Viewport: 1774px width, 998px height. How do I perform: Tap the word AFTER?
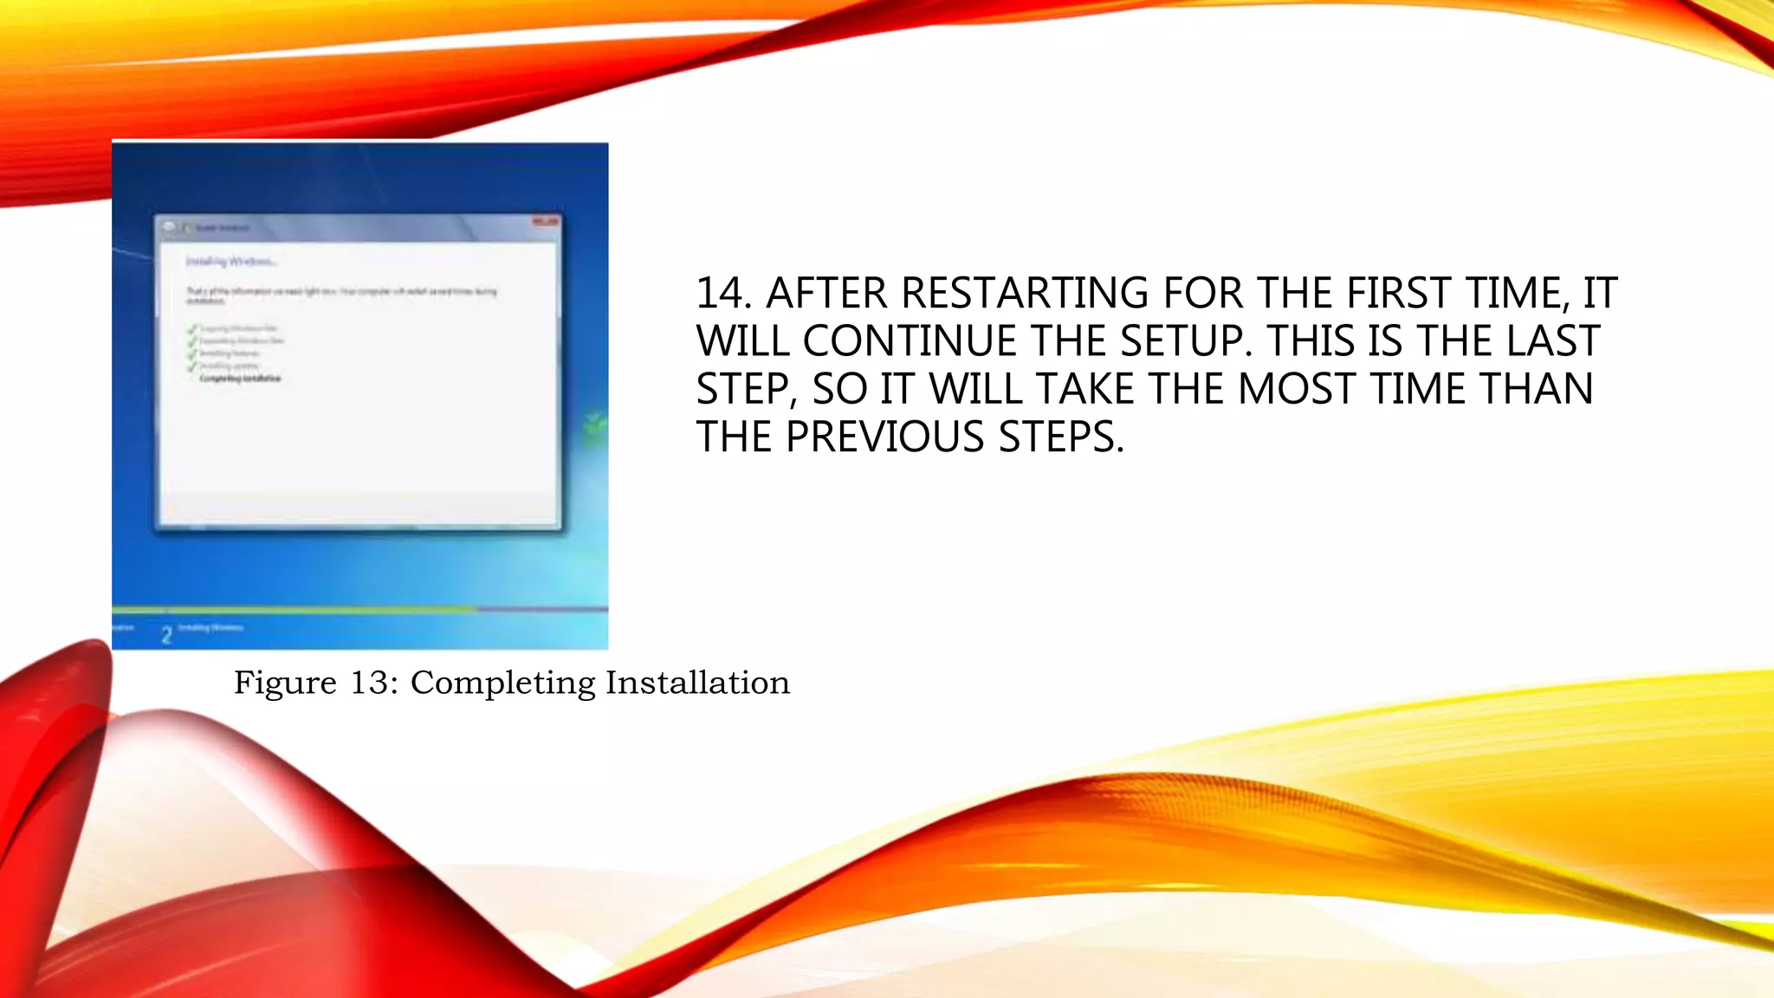point(826,293)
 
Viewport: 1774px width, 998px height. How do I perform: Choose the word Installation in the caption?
point(697,683)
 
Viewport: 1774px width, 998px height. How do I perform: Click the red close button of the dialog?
point(546,223)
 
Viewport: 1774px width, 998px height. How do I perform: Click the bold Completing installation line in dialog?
point(240,379)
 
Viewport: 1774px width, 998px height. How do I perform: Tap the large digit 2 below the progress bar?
point(166,635)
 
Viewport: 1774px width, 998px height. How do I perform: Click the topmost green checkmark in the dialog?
point(191,329)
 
